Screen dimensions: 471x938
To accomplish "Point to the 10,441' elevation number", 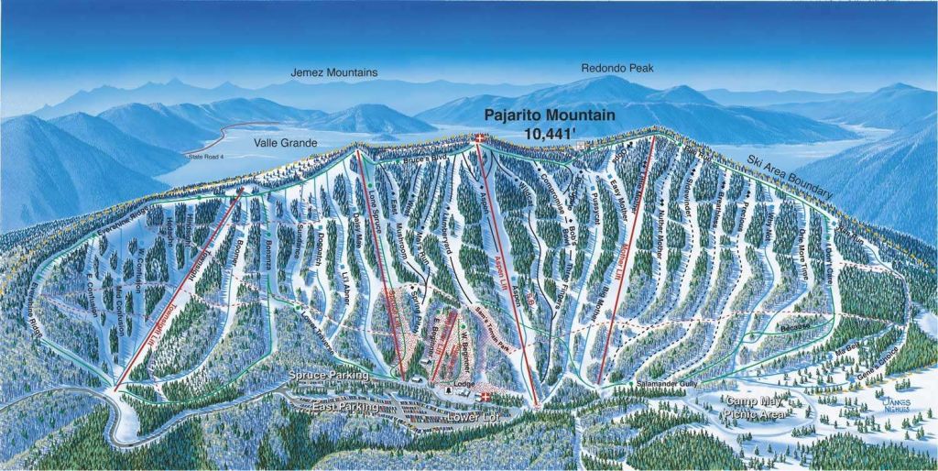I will [x=550, y=134].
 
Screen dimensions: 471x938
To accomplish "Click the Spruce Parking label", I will [x=328, y=376].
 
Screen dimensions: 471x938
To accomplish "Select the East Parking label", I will [x=344, y=405].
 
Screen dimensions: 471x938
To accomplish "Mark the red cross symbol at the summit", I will [x=482, y=139].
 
